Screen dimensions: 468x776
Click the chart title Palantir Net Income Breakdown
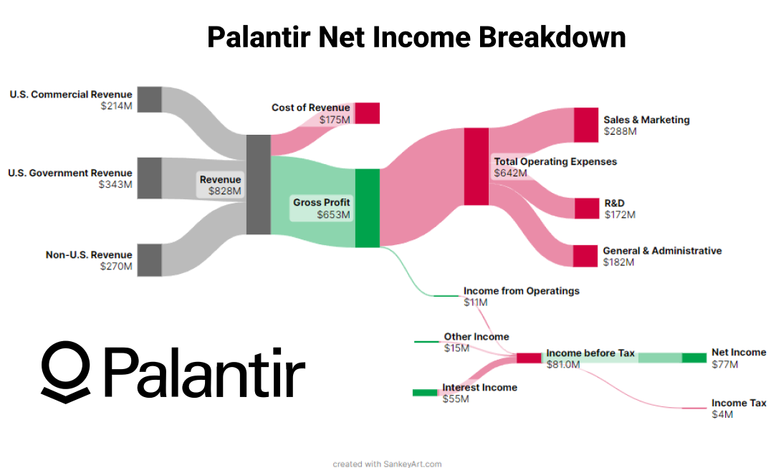(416, 37)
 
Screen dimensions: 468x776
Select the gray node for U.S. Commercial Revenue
(149, 99)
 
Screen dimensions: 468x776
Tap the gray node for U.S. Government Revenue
(149, 178)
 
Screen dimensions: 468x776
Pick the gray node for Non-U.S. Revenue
(149, 259)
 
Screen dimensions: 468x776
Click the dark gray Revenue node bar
(258, 184)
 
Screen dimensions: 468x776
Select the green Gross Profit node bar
(367, 208)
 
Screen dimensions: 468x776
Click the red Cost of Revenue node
(367, 113)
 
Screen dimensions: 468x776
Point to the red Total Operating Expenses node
(476, 167)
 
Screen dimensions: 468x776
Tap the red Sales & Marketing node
(585, 125)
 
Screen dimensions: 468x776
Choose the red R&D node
(585, 208)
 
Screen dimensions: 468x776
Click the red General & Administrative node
(585, 256)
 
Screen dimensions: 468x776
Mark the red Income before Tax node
(529, 358)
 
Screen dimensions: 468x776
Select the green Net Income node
(694, 358)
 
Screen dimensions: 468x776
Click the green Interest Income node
(424, 392)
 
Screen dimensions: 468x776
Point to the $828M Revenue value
(225, 191)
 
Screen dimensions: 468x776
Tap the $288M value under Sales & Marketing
(620, 131)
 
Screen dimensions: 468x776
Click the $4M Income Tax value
(722, 414)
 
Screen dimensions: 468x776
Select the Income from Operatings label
(521, 291)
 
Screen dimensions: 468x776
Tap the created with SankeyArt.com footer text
(387, 464)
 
